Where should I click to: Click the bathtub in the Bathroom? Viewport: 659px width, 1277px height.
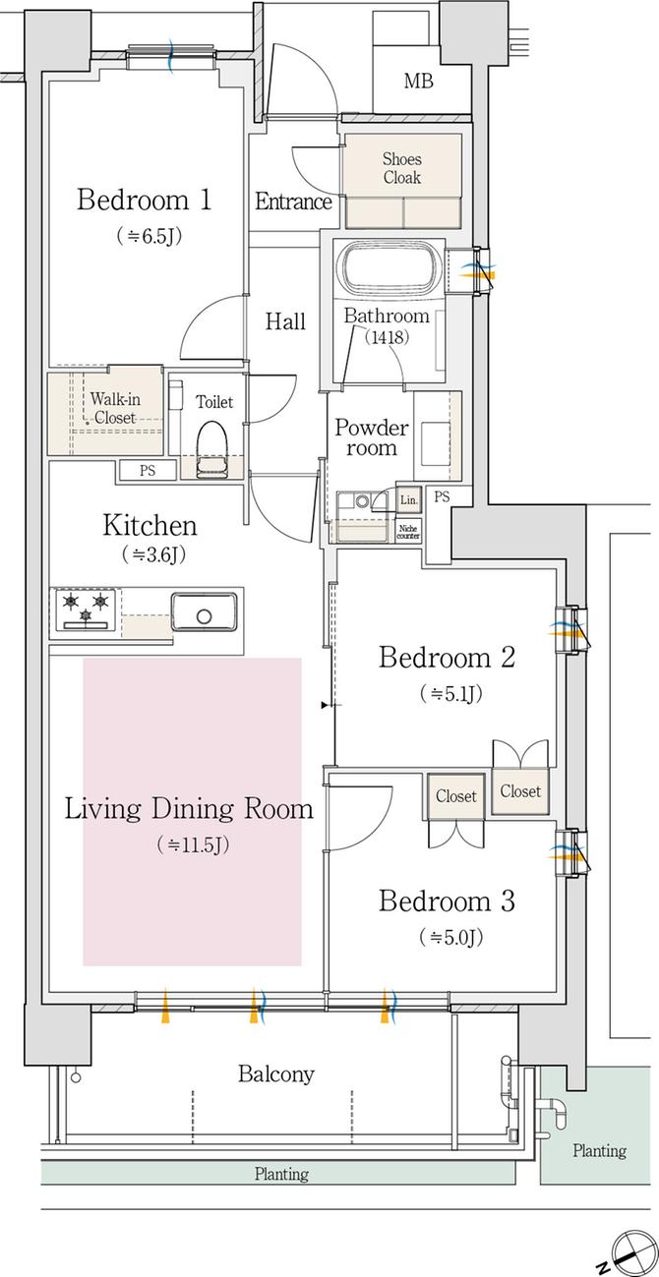click(x=389, y=269)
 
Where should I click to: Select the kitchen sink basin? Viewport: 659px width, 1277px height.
click(x=205, y=611)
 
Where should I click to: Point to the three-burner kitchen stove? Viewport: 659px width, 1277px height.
click(x=86, y=610)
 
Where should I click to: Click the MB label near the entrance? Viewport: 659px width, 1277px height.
click(x=419, y=81)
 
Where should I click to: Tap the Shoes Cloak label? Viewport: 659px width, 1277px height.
click(x=402, y=167)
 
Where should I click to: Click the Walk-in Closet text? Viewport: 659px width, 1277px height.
click(x=115, y=408)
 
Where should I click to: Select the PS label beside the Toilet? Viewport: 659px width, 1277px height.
click(x=148, y=471)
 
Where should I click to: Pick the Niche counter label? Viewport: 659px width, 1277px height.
click(x=408, y=532)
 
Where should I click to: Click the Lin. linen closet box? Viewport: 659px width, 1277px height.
click(x=408, y=500)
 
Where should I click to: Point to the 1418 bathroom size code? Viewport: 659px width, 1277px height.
click(x=388, y=337)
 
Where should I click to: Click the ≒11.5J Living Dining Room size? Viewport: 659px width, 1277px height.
click(x=194, y=844)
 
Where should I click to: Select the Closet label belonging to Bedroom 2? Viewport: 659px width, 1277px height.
click(x=519, y=790)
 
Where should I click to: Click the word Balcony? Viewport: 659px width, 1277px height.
click(x=276, y=1074)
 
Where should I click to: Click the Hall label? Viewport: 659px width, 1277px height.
click(x=285, y=321)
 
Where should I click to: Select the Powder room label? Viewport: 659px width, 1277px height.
click(x=372, y=437)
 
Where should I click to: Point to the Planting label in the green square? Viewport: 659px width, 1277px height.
click(x=599, y=1150)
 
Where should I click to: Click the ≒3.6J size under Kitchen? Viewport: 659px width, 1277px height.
click(x=153, y=553)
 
